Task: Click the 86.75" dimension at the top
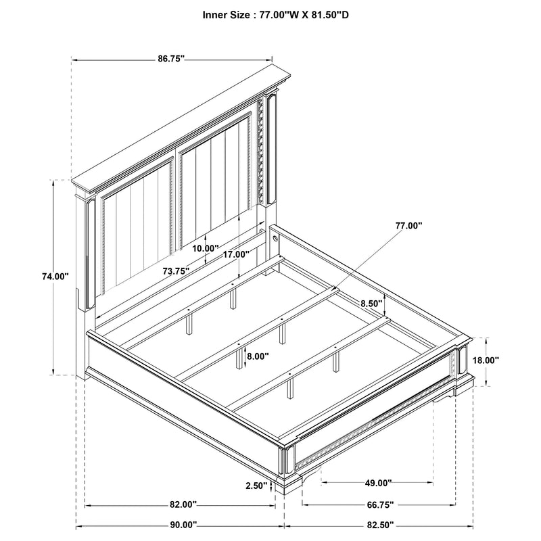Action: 172,60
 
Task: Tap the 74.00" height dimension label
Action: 55,276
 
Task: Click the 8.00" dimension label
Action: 257,356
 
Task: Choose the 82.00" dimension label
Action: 183,504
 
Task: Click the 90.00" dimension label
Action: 183,525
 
